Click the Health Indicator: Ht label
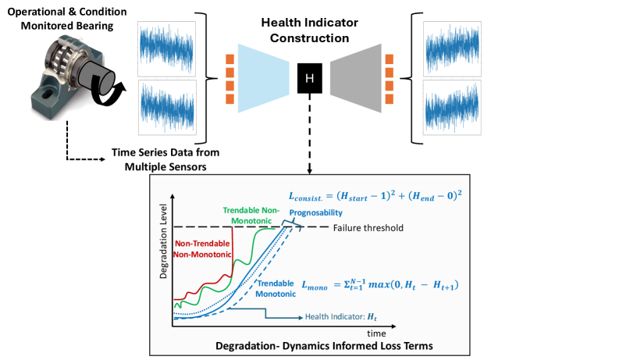pos(340,317)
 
